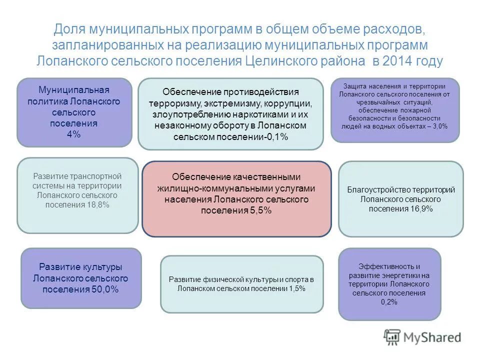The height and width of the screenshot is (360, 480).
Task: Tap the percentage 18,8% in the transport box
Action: [99, 204]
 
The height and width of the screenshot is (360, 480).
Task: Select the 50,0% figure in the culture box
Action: [105, 289]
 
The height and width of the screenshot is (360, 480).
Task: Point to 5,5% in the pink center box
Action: [260, 210]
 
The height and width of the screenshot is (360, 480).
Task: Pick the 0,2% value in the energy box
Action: [389, 302]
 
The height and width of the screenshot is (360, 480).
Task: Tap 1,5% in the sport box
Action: [296, 288]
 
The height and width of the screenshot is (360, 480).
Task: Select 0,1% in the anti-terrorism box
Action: [277, 137]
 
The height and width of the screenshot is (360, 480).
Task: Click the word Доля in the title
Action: [67, 29]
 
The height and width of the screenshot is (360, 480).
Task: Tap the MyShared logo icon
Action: [392, 337]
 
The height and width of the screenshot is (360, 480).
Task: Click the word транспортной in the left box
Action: [97, 176]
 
